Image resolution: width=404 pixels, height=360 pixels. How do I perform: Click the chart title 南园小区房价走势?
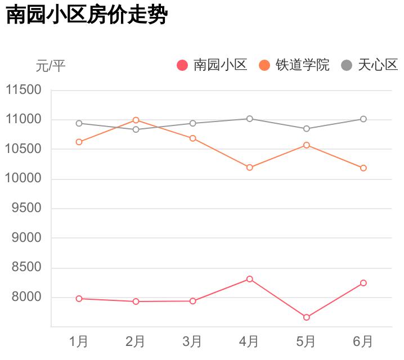pyautogui.click(x=87, y=15)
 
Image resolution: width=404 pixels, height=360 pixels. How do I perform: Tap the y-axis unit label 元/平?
pyautogui.click(x=51, y=66)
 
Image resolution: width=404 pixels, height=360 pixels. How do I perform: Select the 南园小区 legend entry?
pyautogui.click(x=213, y=65)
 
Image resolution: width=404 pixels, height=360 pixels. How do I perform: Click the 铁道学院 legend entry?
pyautogui.click(x=294, y=65)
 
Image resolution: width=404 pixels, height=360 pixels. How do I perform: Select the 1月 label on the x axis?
pyautogui.click(x=79, y=341)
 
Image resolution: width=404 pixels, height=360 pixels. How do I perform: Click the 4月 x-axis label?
pyautogui.click(x=249, y=341)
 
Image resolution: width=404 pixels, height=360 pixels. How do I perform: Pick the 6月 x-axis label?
pyautogui.click(x=363, y=341)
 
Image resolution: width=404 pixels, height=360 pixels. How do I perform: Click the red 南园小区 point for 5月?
pyautogui.click(x=307, y=318)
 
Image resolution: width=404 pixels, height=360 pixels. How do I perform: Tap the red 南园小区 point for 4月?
pyautogui.click(x=249, y=279)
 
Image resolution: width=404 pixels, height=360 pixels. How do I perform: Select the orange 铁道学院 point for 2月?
pyautogui.click(x=136, y=120)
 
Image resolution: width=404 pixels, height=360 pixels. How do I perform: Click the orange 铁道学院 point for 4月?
pyautogui.click(x=249, y=168)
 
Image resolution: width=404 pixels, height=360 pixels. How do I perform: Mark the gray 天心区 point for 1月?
pyautogui.click(x=79, y=123)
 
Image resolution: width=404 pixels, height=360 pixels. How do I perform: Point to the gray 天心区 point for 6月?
pyautogui.click(x=363, y=119)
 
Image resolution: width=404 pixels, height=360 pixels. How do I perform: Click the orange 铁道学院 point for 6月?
pyautogui.click(x=363, y=168)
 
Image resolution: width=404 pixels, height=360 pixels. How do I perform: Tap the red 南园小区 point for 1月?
pyautogui.click(x=79, y=299)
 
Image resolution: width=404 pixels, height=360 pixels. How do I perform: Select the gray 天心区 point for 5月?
pyautogui.click(x=307, y=129)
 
